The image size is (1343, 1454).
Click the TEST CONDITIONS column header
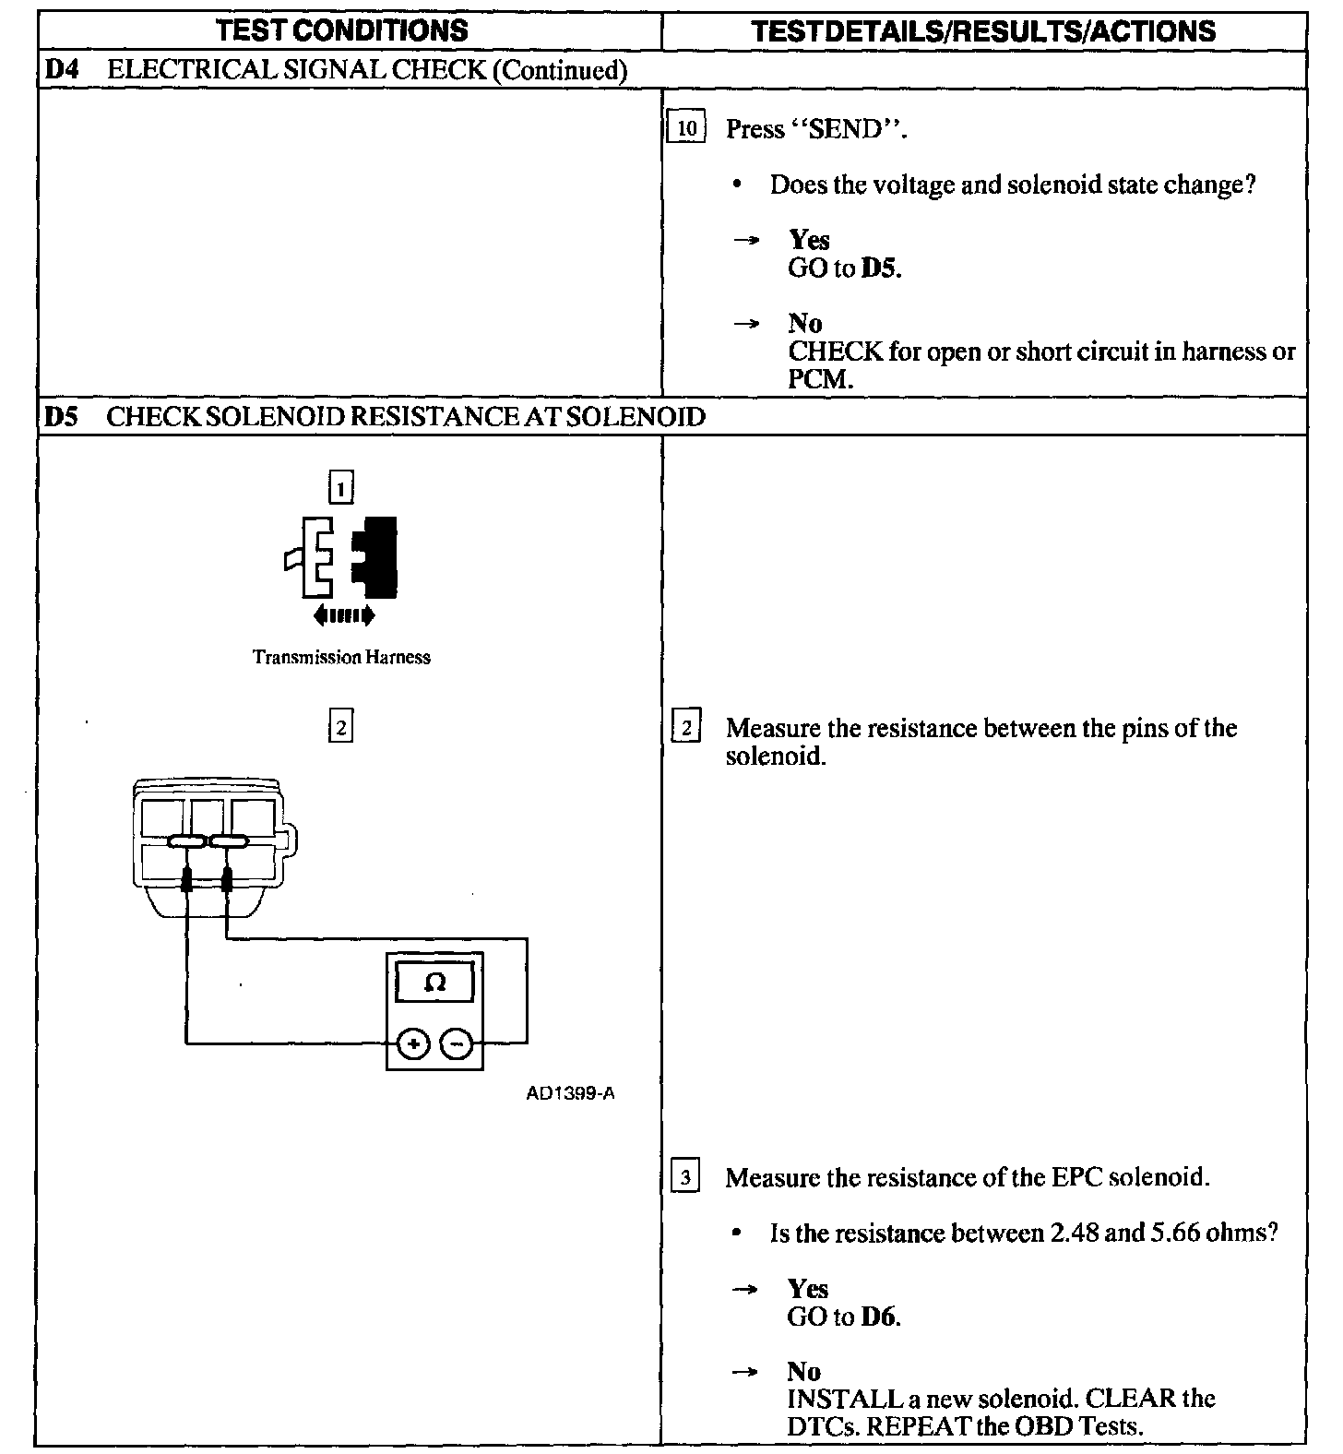(x=341, y=30)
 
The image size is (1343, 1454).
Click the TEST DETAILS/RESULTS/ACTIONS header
(x=983, y=31)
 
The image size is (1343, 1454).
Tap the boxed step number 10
(x=686, y=128)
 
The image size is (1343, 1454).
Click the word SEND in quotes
(x=845, y=129)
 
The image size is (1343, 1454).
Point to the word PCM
(x=817, y=379)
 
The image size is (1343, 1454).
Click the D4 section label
(x=60, y=70)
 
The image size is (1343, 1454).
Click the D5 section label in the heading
(x=60, y=416)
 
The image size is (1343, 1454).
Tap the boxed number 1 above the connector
(x=341, y=487)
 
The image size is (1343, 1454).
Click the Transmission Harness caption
(x=341, y=658)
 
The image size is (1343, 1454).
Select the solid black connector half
(x=378, y=556)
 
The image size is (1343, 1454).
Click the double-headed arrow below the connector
(x=343, y=614)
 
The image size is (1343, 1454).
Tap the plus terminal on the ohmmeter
(x=413, y=1044)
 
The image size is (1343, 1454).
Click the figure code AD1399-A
(x=570, y=1094)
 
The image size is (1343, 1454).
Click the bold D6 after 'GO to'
(x=879, y=1317)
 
